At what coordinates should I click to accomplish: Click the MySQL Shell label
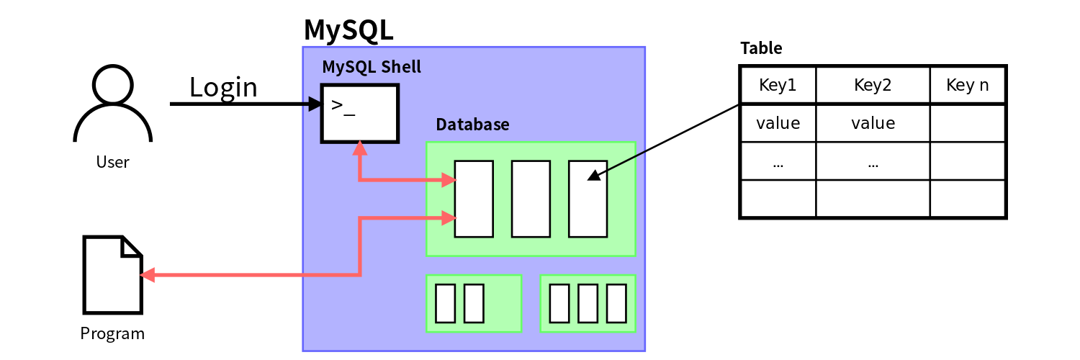point(371,67)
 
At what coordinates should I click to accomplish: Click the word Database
point(472,125)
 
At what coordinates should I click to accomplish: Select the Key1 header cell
point(778,85)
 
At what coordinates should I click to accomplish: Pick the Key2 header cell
point(873,85)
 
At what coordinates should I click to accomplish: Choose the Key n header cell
point(967,85)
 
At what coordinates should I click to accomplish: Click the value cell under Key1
point(778,123)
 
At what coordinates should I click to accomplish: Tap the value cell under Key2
point(873,123)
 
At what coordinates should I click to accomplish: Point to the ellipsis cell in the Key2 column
point(873,161)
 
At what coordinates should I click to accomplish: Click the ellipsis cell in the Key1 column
point(778,161)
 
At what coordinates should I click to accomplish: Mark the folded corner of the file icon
point(130,247)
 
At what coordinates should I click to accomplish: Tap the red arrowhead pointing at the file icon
point(147,275)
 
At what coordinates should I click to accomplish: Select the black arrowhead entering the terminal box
point(315,104)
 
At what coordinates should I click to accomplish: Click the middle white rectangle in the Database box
point(531,199)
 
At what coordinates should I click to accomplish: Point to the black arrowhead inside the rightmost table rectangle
point(594,175)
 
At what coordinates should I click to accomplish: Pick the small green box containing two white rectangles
point(474,303)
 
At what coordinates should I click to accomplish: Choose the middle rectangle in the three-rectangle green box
point(588,303)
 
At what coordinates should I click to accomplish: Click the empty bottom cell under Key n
point(967,198)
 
